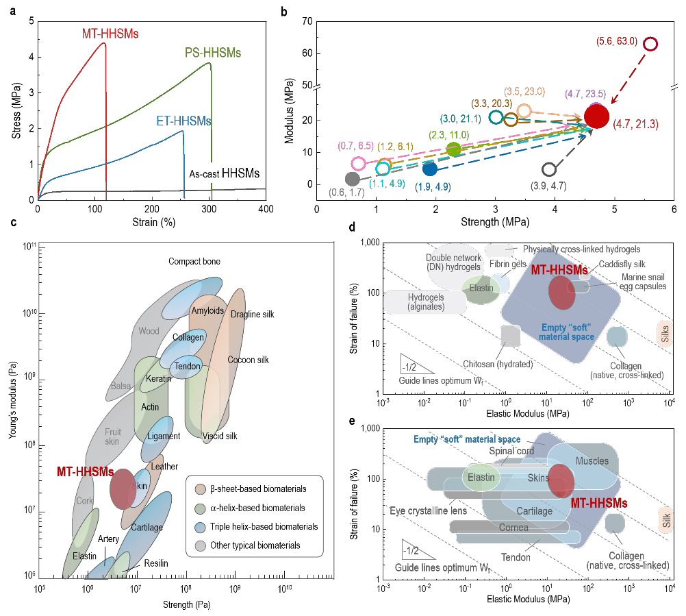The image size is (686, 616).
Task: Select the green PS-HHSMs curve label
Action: tap(213, 53)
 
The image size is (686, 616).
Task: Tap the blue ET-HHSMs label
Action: tap(183, 121)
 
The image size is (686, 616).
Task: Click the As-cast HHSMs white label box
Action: tap(225, 173)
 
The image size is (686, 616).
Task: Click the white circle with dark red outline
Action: tap(650, 44)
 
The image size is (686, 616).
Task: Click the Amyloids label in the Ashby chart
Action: tap(207, 311)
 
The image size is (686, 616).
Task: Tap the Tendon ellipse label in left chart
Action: tap(187, 366)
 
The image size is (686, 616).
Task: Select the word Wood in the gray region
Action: tap(149, 331)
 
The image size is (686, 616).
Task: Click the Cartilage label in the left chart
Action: tap(147, 527)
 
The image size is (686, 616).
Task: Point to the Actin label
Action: tap(150, 407)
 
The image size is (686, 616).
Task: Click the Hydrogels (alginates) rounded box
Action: tap(425, 302)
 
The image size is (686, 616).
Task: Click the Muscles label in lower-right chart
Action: tap(592, 461)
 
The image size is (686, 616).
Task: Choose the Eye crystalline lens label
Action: tap(428, 510)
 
